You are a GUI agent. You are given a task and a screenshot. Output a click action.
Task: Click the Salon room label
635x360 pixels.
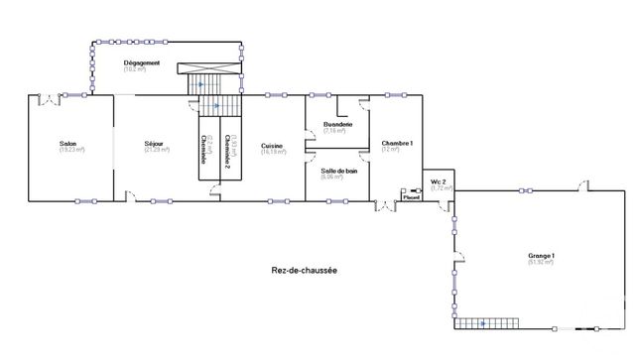[68, 144]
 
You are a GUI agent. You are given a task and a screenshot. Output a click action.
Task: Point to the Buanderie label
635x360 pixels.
[335, 124]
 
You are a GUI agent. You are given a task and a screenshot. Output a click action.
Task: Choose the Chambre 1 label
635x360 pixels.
[397, 144]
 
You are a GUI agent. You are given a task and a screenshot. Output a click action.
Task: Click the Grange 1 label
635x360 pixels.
[541, 256]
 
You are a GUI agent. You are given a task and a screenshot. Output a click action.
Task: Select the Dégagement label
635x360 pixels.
[142, 62]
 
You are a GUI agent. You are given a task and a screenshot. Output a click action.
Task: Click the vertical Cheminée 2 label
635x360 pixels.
[227, 149]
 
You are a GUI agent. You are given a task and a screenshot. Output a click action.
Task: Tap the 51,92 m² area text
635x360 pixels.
[541, 263]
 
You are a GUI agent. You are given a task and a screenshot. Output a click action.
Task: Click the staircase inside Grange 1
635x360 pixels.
[486, 323]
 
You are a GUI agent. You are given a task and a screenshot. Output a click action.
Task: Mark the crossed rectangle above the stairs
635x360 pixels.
[209, 69]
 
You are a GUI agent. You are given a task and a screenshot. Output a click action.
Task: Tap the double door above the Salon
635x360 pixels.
[48, 97]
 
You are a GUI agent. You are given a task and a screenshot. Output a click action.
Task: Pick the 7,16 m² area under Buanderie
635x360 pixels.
[335, 130]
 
